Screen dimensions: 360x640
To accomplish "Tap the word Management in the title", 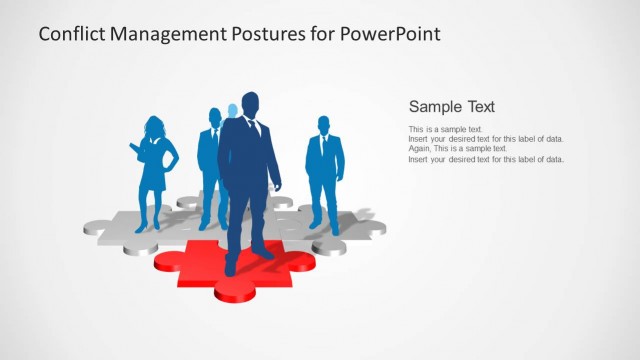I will pos(170,34).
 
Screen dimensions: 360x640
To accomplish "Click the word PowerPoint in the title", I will pos(392,34).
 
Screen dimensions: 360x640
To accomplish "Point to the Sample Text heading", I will pos(452,107).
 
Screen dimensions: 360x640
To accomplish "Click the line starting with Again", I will pos(458,149).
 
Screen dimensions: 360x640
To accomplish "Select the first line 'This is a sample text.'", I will pos(446,130).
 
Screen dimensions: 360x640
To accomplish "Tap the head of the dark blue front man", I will pos(249,103).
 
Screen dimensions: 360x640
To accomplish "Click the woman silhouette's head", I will pos(155,127).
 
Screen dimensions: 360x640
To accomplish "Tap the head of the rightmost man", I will pos(324,125).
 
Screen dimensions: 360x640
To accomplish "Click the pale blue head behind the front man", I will pos(232,110).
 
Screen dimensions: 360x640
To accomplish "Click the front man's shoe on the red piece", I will pos(231,268).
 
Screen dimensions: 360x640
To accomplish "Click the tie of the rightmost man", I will pos(323,144).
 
